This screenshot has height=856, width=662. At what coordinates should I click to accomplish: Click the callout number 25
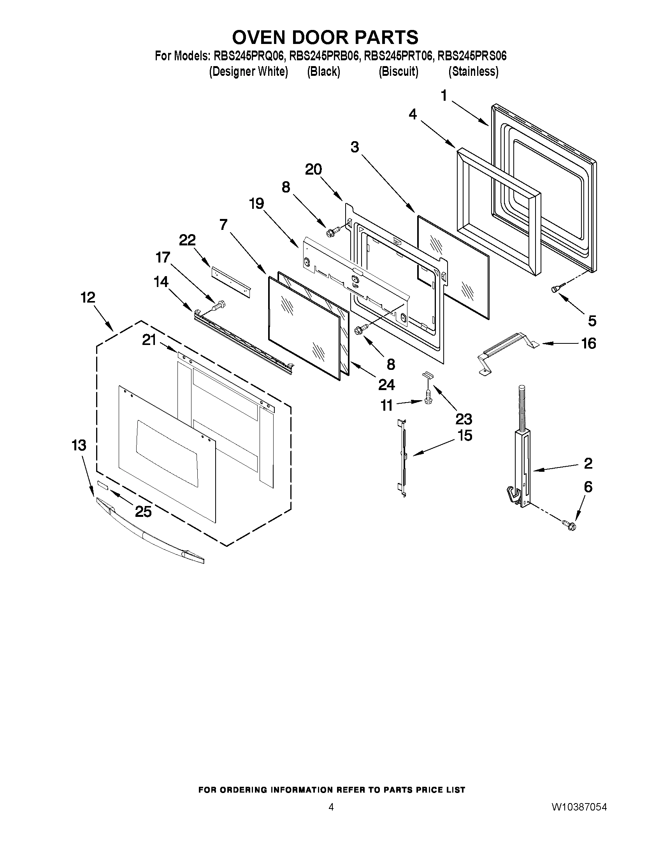tap(143, 511)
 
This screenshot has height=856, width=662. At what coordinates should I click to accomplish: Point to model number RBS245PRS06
tap(472, 56)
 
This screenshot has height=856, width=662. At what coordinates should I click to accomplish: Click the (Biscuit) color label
tap(398, 72)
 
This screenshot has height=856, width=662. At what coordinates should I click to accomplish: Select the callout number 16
tap(588, 343)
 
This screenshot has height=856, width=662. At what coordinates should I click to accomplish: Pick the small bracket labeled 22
tap(231, 280)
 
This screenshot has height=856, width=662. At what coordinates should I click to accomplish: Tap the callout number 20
tap(313, 170)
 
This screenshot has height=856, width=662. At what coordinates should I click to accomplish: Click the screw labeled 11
tap(428, 398)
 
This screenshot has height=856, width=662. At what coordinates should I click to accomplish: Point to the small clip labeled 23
tap(427, 375)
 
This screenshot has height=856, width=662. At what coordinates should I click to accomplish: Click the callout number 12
tap(88, 298)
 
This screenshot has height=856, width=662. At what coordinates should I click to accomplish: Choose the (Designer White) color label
tap(249, 72)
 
